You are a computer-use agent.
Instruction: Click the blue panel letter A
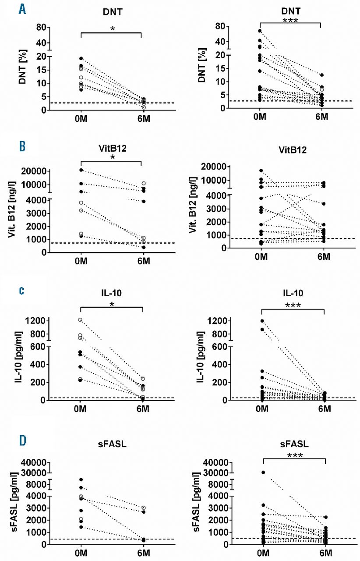(21, 8)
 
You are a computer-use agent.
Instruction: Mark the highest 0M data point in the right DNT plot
(260, 31)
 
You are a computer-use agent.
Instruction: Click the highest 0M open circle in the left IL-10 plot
(80, 320)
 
